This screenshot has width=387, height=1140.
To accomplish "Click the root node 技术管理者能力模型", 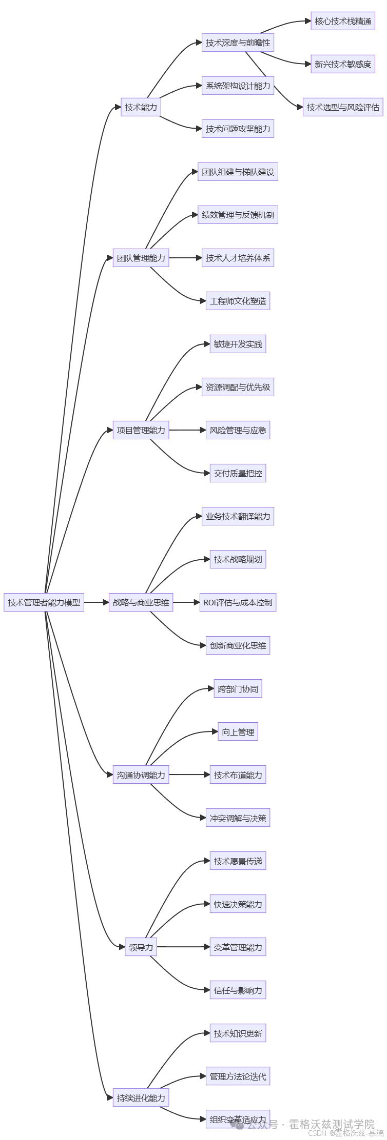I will click(44, 602).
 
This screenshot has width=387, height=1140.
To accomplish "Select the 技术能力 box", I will click(141, 107).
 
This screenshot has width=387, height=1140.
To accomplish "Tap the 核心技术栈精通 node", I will click(343, 21).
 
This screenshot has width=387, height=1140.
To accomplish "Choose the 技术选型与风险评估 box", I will click(343, 107).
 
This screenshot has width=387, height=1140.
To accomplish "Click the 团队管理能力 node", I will click(141, 258).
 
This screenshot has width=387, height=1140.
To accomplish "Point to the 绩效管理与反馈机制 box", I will click(238, 215).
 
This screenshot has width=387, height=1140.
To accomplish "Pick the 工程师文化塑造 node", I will click(238, 301).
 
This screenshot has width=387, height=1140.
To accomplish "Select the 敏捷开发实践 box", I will click(238, 344).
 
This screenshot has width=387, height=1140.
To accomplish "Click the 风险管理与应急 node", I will click(238, 430).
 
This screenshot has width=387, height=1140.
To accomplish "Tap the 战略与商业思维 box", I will click(141, 602).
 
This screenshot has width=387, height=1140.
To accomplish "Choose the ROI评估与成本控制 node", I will click(238, 602).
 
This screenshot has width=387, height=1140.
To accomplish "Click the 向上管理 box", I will click(238, 732).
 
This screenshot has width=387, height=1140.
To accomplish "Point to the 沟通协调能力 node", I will click(141, 775).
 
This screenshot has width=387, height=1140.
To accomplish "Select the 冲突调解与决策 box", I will click(238, 818).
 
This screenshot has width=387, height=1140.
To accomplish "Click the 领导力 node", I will click(141, 947).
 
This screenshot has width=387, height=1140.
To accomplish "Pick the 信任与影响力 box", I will click(238, 990).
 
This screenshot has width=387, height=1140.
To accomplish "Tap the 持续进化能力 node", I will click(141, 1098).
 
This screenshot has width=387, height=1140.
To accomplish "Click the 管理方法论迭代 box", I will click(238, 1076).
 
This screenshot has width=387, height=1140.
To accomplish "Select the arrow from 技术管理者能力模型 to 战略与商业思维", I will click(96, 602).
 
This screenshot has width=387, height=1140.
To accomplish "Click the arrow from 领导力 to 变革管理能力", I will click(183, 947).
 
